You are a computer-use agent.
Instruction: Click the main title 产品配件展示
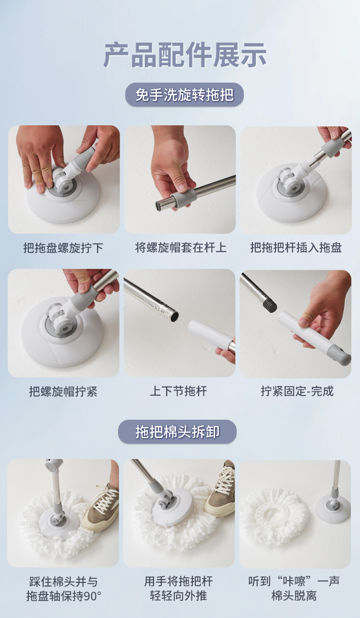tap(184, 55)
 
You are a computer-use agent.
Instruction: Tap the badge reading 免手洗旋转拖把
tap(184, 95)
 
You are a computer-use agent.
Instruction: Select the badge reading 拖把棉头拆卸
tap(177, 432)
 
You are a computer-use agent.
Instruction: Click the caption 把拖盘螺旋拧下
tap(63, 248)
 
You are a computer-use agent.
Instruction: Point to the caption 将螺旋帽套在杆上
tap(180, 247)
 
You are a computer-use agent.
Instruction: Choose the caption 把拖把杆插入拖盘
tap(296, 247)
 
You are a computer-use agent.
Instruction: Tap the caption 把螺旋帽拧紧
tap(63, 391)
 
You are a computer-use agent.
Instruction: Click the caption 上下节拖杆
tap(179, 391)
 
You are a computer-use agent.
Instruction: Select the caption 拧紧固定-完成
tap(297, 391)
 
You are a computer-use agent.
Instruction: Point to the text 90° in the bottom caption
tap(93, 596)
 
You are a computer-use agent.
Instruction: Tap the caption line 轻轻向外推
tap(179, 596)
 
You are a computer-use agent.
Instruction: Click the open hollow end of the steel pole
tap(174, 316)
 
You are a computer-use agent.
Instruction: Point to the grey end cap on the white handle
tap(343, 359)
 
